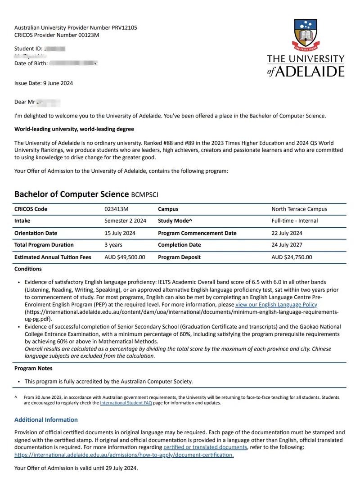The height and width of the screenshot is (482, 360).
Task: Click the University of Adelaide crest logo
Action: [306, 35]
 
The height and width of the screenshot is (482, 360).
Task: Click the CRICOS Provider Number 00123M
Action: [57, 35]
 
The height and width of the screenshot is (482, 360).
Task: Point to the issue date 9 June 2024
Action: [44, 83]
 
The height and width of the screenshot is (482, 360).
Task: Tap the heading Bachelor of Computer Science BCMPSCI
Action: [86, 194]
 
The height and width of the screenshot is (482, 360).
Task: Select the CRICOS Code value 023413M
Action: [116, 209]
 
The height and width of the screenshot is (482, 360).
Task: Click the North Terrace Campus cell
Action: [299, 209]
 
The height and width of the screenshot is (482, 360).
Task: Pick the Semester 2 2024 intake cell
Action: [125, 221]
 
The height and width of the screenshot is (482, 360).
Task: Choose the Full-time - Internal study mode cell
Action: [294, 221]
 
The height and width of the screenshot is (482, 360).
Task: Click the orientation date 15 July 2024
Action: [120, 233]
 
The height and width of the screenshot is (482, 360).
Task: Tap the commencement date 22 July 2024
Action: [287, 233]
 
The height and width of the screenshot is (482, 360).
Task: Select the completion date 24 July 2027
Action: [287, 245]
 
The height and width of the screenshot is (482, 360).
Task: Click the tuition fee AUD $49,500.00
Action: [125, 257]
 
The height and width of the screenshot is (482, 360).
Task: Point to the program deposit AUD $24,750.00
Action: [292, 257]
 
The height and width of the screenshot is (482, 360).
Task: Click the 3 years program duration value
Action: [113, 245]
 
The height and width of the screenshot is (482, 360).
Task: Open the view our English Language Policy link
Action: [276, 304]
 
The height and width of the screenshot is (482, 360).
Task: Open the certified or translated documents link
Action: [205, 447]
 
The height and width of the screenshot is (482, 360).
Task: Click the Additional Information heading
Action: [46, 419]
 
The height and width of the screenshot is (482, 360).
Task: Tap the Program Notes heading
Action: [33, 368]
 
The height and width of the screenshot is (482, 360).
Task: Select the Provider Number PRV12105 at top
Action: [76, 27]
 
